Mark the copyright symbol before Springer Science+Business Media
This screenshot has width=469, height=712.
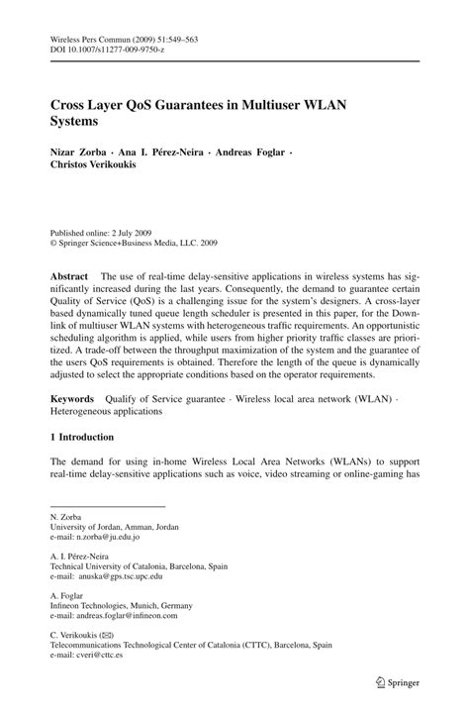tap(54, 241)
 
